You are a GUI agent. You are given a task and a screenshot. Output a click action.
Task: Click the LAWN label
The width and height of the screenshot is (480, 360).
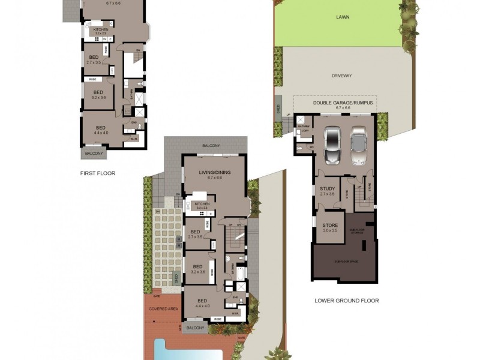(x=343, y=17)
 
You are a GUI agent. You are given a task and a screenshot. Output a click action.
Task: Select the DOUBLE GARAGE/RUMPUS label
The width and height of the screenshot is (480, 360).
(x=343, y=103)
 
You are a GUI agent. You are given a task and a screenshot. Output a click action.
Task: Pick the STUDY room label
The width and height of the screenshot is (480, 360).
(x=327, y=189)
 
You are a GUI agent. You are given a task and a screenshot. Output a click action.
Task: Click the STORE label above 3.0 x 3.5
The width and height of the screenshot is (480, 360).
(x=331, y=225)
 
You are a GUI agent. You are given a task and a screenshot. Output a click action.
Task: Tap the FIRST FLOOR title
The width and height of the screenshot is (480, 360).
(x=97, y=173)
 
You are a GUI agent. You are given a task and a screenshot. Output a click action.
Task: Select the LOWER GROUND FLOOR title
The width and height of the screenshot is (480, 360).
(x=347, y=301)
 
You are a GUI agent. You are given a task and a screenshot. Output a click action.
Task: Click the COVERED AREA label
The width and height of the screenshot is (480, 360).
(x=163, y=308)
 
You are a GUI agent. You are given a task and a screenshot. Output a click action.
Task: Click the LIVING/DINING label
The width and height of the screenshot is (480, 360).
(x=214, y=172)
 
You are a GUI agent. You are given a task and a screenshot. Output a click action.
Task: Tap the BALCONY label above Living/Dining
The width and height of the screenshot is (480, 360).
(x=211, y=146)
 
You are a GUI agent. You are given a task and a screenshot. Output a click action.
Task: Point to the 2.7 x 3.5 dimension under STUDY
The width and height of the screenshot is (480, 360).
(x=327, y=194)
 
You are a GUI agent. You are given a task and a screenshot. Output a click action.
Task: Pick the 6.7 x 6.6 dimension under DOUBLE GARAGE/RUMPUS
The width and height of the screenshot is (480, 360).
(x=343, y=108)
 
